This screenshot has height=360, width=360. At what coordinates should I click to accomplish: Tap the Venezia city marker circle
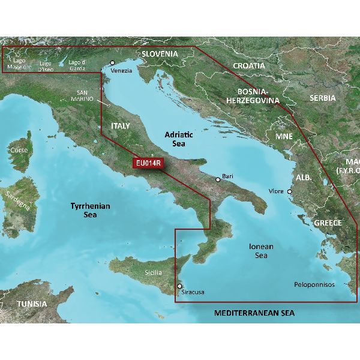pyautogui.click(x=112, y=62)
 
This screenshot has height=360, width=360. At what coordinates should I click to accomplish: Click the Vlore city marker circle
pyautogui.click(x=290, y=192)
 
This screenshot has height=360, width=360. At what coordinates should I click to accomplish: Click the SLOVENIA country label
pyautogui.click(x=160, y=53)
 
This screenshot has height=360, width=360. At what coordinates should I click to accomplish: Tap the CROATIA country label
pyautogui.click(x=248, y=65)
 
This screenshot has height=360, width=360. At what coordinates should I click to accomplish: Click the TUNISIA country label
pyautogui.click(x=32, y=304)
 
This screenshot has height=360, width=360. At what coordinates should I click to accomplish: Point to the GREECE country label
pyautogui.click(x=328, y=223)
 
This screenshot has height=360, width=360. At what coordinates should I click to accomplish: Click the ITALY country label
pyautogui.click(x=121, y=125)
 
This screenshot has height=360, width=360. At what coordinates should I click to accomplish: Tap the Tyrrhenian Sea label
pyautogui.click(x=91, y=210)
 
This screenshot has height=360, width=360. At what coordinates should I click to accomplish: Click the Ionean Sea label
pyautogui.click(x=261, y=251)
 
